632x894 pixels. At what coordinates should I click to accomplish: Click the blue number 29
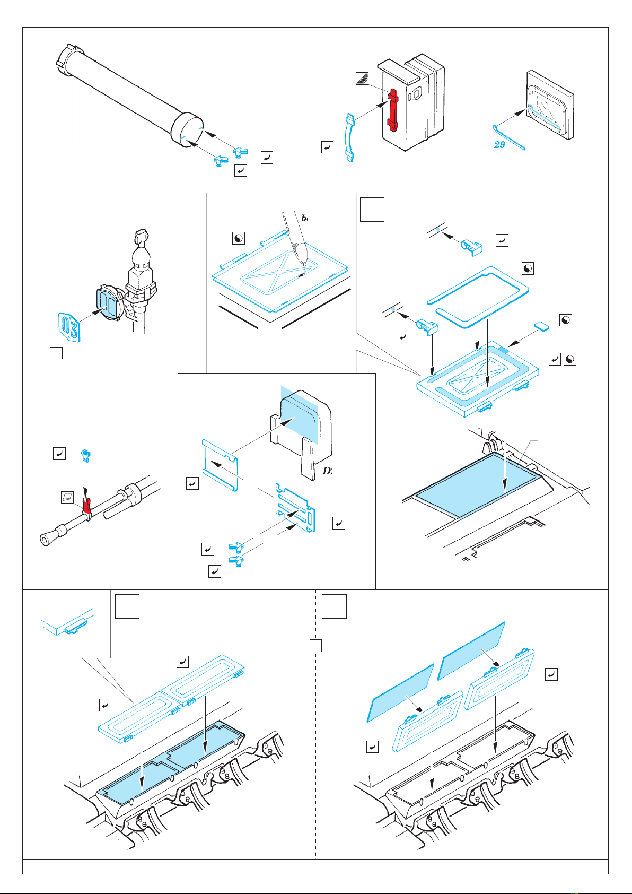(x=499, y=144)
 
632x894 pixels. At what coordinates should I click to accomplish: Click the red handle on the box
(x=392, y=110)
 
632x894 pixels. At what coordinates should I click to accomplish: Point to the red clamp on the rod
(x=86, y=507)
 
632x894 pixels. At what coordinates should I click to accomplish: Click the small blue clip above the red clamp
(x=85, y=455)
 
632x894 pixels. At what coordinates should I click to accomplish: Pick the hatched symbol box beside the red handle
(x=362, y=79)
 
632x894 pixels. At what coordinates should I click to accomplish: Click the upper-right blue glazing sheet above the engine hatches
(x=470, y=650)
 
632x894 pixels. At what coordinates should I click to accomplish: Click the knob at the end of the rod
(x=45, y=540)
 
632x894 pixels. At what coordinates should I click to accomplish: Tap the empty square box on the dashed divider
(x=315, y=646)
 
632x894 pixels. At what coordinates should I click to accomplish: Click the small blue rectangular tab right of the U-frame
(x=541, y=325)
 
